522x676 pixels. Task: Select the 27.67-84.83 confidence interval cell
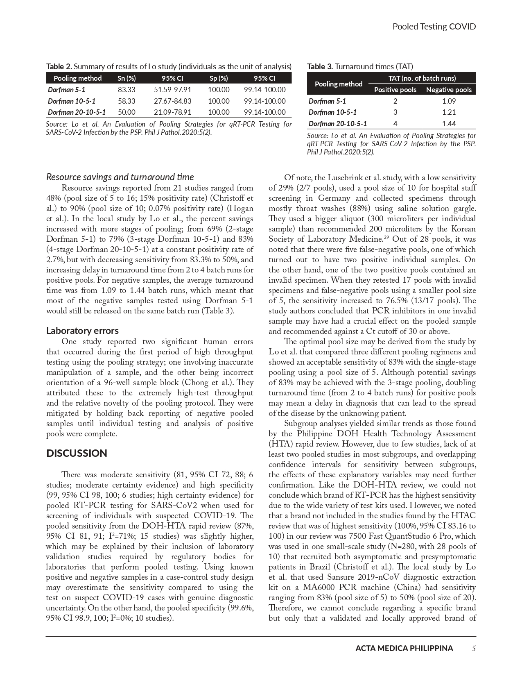pos(172,101)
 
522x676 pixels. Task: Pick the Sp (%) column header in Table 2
pos(219,78)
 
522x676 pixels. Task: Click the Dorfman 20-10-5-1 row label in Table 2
pos(77,112)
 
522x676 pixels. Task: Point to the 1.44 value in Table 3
pos(449,124)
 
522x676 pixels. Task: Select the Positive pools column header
pos(395,90)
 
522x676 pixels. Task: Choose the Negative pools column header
pos(449,90)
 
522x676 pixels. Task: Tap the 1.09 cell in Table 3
pos(449,101)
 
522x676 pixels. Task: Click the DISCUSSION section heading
pos(77,454)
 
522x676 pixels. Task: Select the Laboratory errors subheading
pos(82,331)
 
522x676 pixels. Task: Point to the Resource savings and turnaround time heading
pos(120,177)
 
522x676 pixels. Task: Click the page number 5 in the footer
pos(474,648)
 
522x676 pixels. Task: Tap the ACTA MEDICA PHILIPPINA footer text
pos(404,648)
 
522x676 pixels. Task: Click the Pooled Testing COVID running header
pos(434,27)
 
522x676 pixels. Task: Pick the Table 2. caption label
pos(59,66)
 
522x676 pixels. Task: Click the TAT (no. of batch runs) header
pos(422,78)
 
